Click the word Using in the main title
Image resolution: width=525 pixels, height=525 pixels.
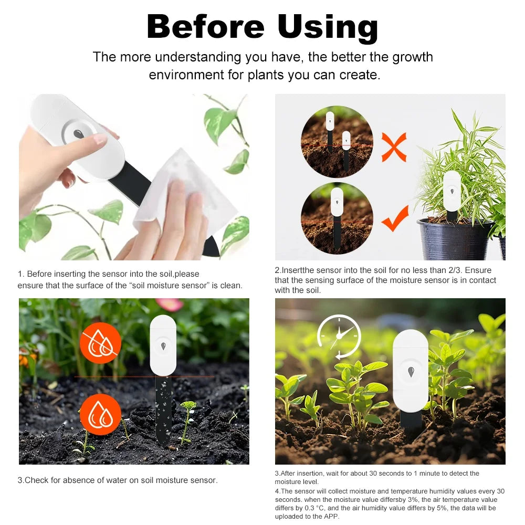328,27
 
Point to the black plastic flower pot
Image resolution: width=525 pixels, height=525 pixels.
455,239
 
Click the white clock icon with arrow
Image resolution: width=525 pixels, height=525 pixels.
339,336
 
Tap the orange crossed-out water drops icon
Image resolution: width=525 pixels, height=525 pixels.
100,343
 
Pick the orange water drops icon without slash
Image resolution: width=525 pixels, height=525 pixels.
100,414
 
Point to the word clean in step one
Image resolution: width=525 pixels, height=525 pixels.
232,286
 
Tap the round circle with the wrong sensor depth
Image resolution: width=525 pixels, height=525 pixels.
337,142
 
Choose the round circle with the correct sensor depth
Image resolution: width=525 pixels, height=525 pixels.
337,218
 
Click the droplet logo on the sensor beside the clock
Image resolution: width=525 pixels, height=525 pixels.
411,372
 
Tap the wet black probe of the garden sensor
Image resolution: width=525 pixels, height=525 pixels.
163,409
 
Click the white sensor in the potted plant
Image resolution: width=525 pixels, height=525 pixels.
452,192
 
